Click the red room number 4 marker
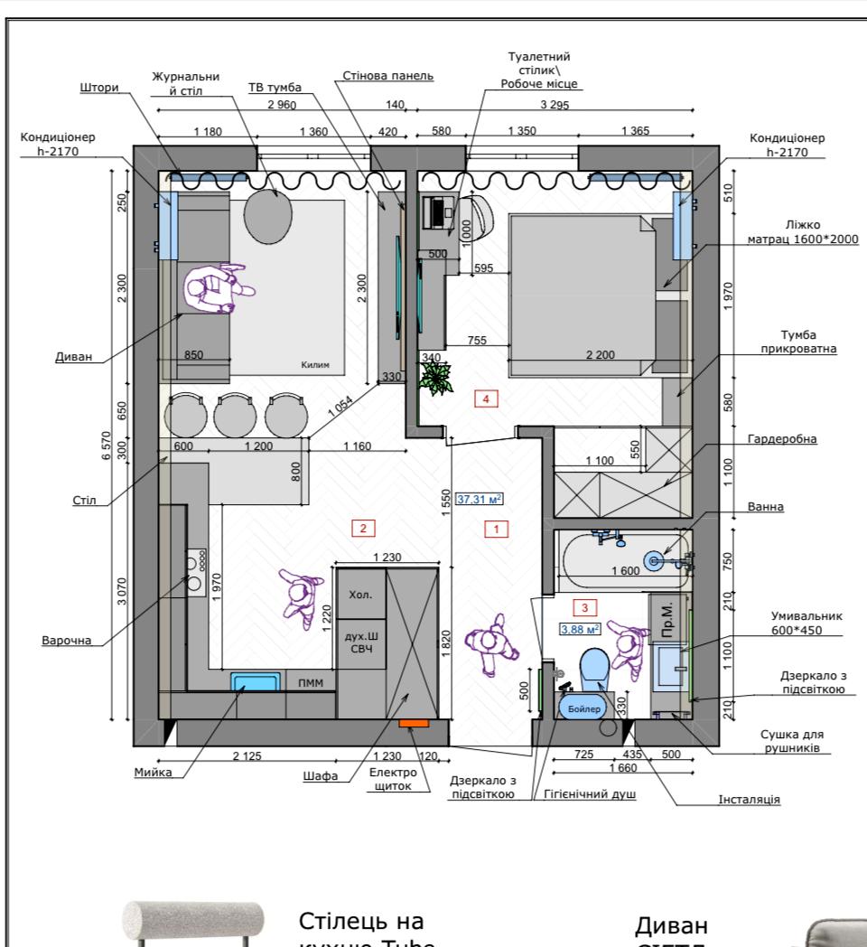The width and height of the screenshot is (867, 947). (x=488, y=398)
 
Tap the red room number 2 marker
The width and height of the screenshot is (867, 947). (x=362, y=528)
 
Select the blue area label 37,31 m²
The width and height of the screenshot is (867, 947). (x=480, y=498)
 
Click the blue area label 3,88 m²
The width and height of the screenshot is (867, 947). (x=579, y=629)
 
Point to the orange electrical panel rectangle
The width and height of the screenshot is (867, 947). (x=414, y=722)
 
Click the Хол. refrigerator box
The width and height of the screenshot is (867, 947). (x=361, y=595)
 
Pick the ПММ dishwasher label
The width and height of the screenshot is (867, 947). (x=310, y=684)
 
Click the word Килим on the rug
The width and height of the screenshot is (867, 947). (x=316, y=365)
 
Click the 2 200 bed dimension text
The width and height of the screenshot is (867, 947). (x=600, y=354)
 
